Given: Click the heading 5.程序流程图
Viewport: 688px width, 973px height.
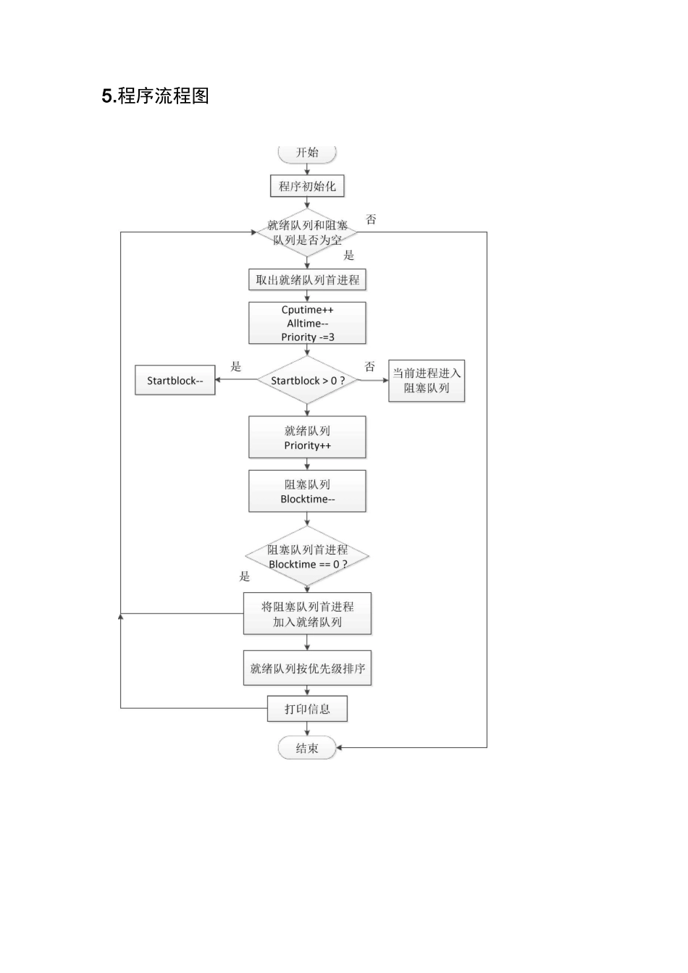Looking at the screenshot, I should (156, 96).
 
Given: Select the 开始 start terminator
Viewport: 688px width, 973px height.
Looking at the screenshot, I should (307, 153).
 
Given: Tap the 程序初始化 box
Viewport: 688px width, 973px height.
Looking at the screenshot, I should (307, 186).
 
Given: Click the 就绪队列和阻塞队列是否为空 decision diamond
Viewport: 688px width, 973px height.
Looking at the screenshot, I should (307, 232).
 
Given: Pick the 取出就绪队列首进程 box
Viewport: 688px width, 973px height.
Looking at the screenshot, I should (307, 280).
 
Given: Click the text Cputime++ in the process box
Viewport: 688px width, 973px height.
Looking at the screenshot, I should (307, 310).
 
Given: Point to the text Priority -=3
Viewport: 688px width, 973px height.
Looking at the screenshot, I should (307, 337).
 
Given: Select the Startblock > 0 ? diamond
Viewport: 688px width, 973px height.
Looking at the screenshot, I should (307, 380).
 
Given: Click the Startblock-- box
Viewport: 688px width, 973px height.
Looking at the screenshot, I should (175, 380).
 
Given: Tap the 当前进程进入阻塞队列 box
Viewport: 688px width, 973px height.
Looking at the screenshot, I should (427, 381).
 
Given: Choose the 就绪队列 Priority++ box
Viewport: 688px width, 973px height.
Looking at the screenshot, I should (307, 437).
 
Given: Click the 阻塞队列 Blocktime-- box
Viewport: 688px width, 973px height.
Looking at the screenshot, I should (307, 492).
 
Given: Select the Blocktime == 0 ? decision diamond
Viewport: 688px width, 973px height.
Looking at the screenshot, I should (307, 557).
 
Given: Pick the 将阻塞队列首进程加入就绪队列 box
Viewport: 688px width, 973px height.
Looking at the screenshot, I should (307, 614).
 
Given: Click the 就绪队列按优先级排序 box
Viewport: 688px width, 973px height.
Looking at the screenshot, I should (307, 668).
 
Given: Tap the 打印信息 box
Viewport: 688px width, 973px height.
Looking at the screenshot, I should (307, 709).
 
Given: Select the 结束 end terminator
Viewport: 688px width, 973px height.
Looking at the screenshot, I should (307, 748).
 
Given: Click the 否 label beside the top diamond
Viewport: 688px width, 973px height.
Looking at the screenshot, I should (371, 219).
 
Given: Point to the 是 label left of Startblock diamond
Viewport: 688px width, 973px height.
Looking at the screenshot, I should (236, 366).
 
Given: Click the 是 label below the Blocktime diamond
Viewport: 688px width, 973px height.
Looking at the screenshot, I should (245, 576).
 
